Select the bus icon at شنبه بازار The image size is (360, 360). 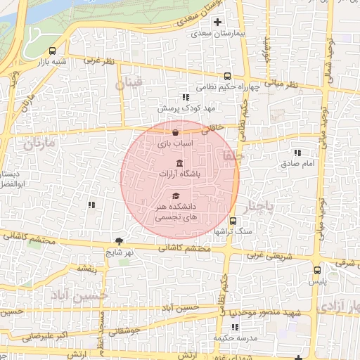[53, 51]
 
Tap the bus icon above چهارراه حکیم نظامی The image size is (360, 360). [226, 76]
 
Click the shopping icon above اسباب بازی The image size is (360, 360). [175, 131]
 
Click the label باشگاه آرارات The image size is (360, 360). [179, 173]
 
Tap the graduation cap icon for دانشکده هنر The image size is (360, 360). [176, 195]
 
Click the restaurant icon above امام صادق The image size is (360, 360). [297, 152]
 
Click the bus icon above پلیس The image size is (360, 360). [317, 269]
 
